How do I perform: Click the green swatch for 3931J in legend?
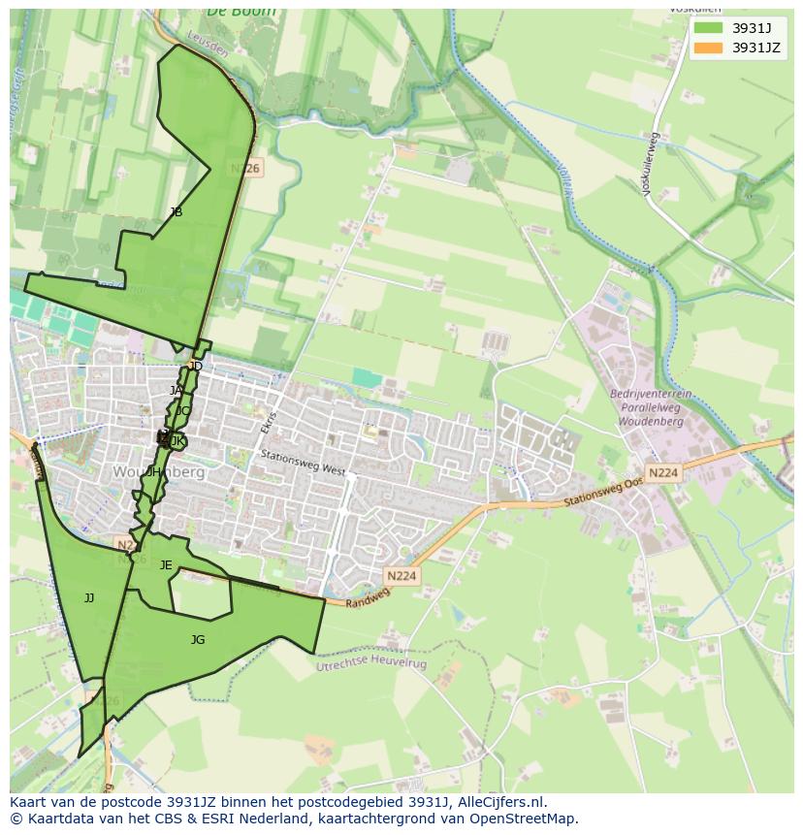tap(708, 28)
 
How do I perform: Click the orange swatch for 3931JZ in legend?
tap(708, 48)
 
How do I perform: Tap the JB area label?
tap(176, 212)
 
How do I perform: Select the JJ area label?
tap(89, 598)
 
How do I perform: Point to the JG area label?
tap(198, 640)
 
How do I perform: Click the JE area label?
tap(166, 565)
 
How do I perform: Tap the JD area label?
tap(196, 367)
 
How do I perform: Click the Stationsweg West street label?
tap(303, 462)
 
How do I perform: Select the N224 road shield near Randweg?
tap(401, 576)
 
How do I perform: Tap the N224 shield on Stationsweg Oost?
tap(663, 473)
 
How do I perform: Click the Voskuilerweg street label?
tap(651, 165)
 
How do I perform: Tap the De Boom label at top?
tap(241, 12)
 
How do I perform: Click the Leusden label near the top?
tap(208, 48)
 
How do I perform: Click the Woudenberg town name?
tap(159, 472)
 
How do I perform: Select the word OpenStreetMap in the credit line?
tap(529, 819)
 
